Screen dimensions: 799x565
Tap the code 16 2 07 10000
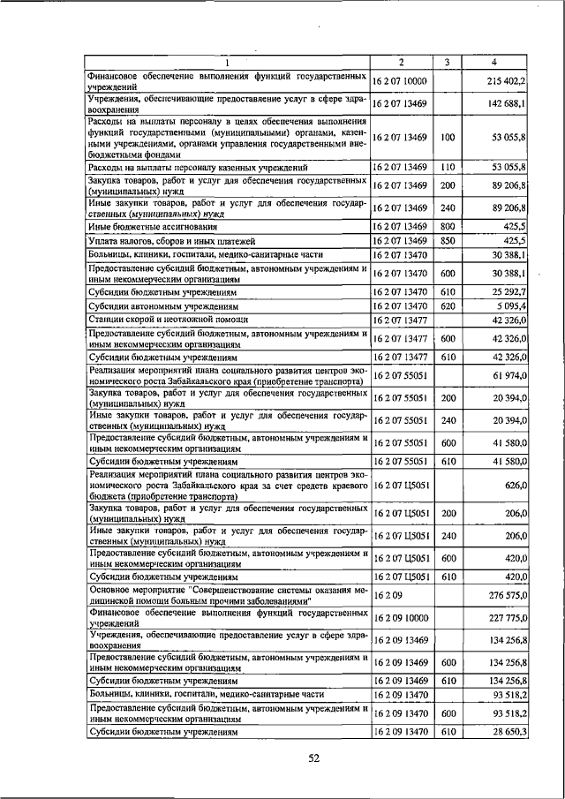(400, 80)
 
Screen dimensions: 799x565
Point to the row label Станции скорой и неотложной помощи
(168, 318)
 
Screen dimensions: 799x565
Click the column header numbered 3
(447, 62)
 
